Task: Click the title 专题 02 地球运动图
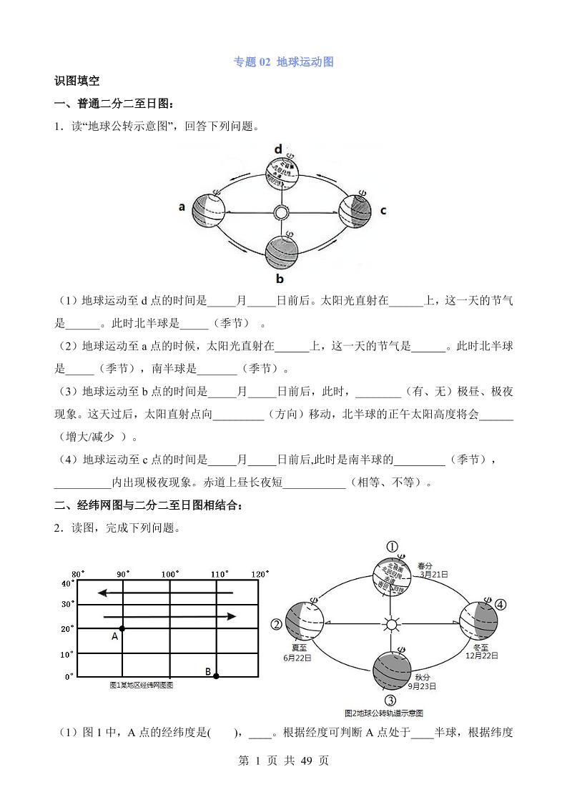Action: (284, 62)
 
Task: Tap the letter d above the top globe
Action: (279, 149)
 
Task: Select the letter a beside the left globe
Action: (182, 207)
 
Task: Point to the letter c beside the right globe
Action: (383, 210)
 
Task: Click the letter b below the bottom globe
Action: (280, 278)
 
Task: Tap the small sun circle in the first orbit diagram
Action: (282, 212)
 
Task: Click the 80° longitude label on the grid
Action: (78, 574)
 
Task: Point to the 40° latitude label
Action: (67, 583)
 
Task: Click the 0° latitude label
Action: (69, 675)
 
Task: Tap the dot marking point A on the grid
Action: (122, 628)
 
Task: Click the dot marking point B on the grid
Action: (216, 675)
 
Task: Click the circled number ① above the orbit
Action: (392, 547)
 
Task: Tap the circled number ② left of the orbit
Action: (277, 625)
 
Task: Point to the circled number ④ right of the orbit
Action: (500, 605)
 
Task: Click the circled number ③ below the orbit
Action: (390, 700)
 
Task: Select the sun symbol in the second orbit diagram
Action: (391, 625)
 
